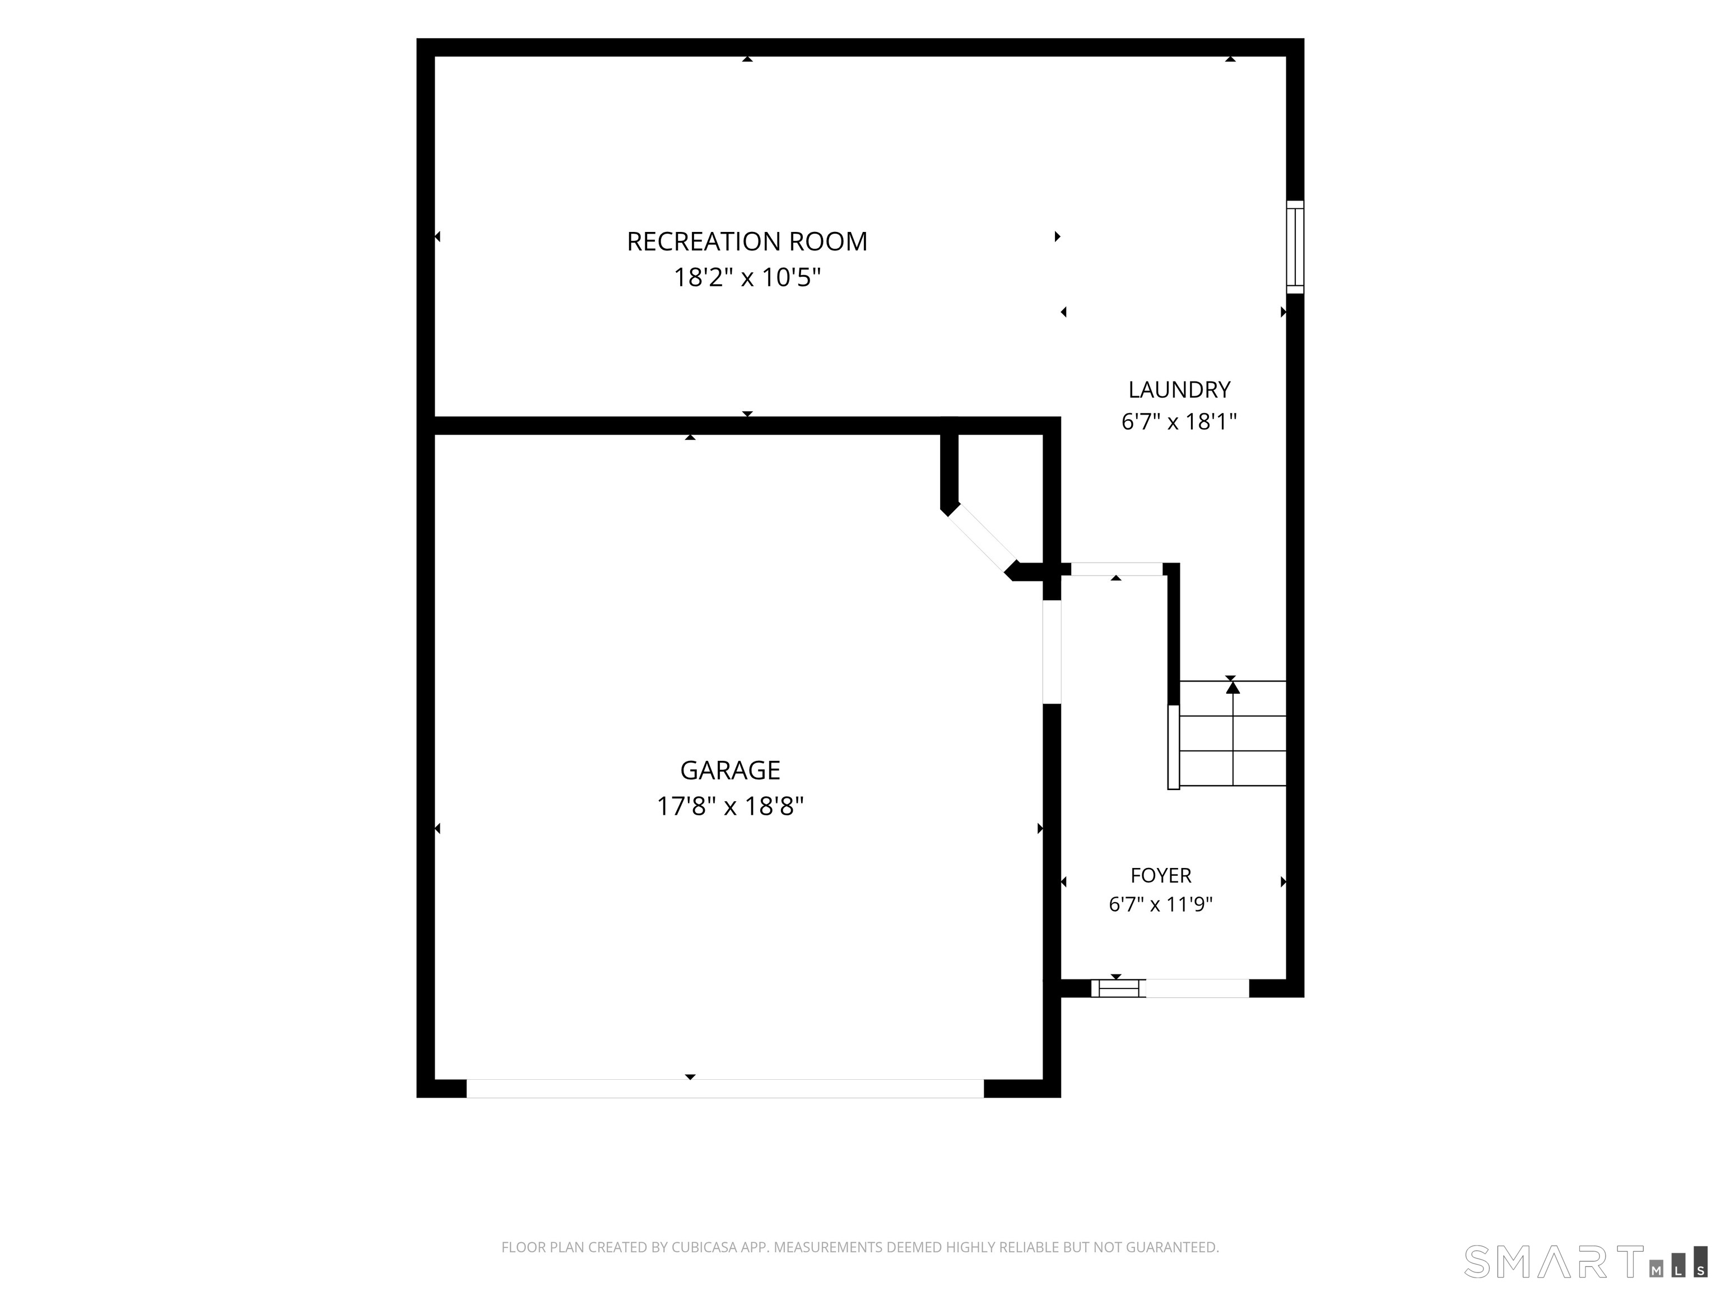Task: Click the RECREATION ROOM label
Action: (x=747, y=242)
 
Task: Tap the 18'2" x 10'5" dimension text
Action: (x=747, y=277)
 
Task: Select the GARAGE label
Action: (x=730, y=770)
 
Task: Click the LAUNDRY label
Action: (x=1179, y=389)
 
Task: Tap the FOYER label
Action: (x=1161, y=875)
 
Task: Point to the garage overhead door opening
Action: (x=725, y=1088)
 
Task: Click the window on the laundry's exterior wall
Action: (x=1295, y=247)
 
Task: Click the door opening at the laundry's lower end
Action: (x=1117, y=569)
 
